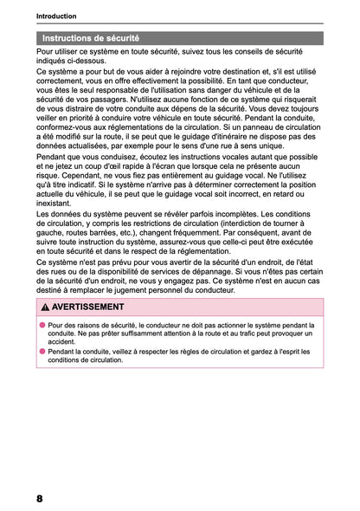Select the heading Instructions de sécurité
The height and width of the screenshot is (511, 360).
(x=91, y=38)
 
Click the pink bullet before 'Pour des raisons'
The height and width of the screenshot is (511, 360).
(x=41, y=322)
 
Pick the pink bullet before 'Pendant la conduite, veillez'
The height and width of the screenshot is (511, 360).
(x=41, y=351)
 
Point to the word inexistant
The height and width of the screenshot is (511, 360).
(x=55, y=204)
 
